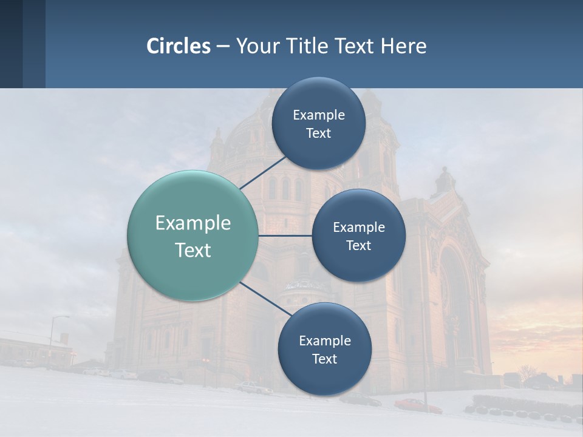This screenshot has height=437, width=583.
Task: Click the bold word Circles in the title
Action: coord(179,46)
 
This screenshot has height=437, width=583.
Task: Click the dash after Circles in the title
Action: coord(223,47)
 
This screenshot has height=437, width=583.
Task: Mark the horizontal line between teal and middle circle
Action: coord(285,235)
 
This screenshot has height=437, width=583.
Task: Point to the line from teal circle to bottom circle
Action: coord(265,297)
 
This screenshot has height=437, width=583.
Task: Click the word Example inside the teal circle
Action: coord(193,223)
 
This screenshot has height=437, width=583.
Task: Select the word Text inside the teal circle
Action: coord(193,250)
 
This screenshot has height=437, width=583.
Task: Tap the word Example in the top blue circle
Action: coord(319,115)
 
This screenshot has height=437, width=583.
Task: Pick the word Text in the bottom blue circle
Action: coord(324,359)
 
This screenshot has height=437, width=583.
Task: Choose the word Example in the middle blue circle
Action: coord(359,227)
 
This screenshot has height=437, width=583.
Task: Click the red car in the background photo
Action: coord(418,405)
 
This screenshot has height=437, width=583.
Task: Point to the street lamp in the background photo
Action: coord(53,340)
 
